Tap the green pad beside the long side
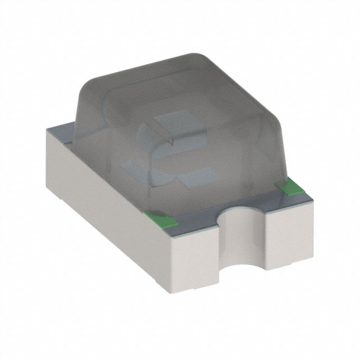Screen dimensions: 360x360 tap(157, 214)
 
